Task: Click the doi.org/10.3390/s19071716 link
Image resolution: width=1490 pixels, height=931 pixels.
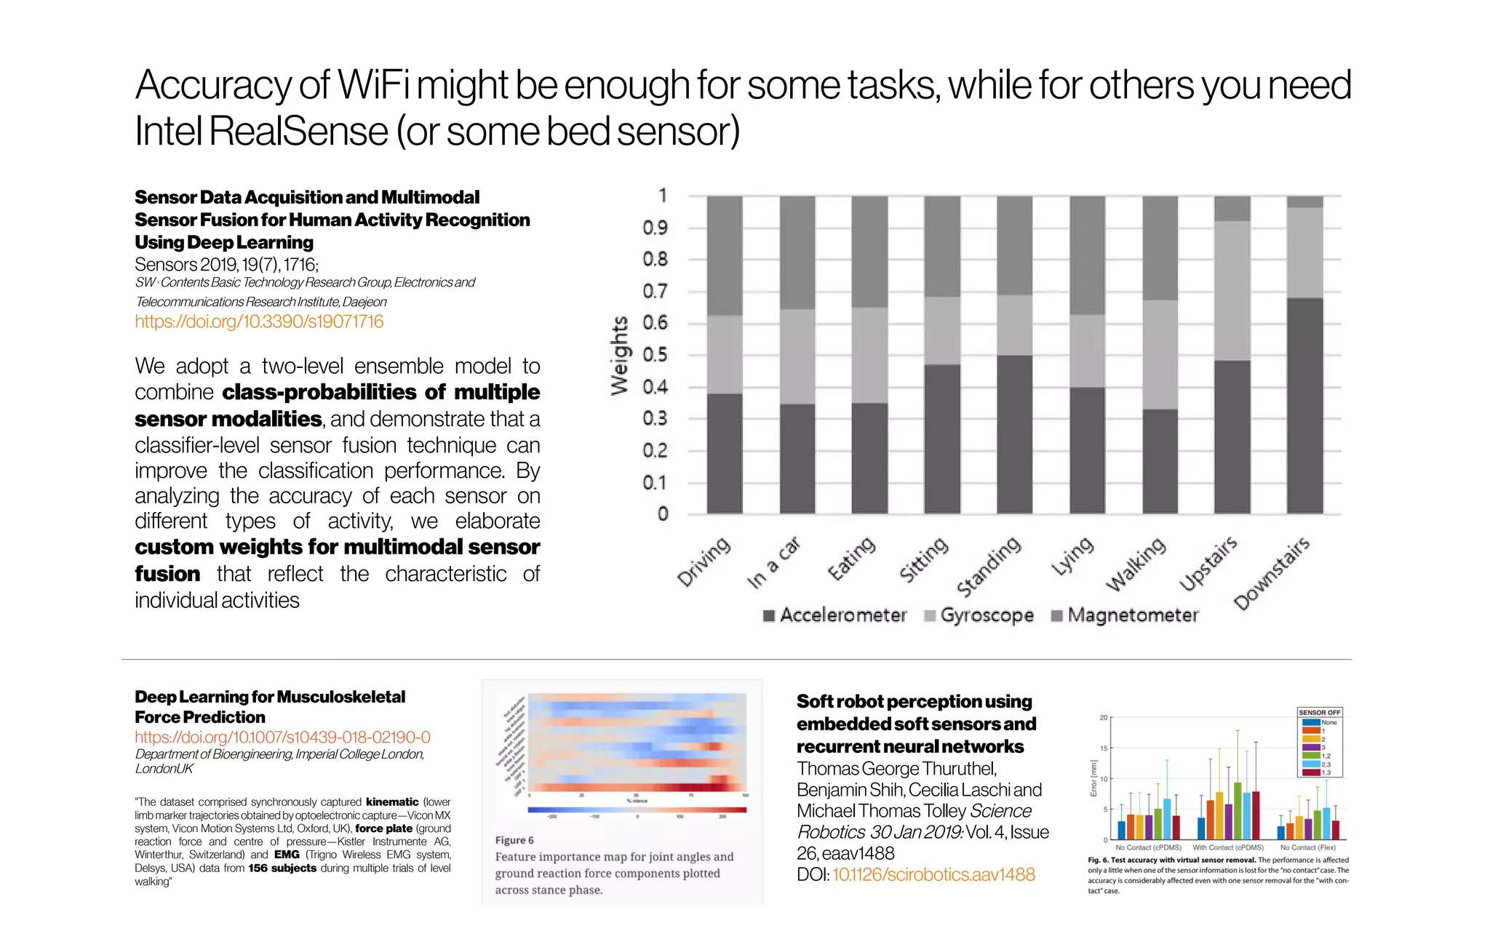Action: pos(259,321)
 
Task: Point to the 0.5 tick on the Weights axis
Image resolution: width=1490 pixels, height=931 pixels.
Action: pos(655,355)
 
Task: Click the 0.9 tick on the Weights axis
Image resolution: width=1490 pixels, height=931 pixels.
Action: pos(655,228)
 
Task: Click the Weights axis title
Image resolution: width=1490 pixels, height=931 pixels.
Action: pos(619,356)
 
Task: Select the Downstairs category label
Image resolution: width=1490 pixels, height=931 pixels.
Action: pos(1272,573)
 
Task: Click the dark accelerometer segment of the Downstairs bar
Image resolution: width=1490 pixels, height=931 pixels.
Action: pos(1304,405)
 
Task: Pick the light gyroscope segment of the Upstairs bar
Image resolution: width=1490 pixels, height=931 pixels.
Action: pos(1232,291)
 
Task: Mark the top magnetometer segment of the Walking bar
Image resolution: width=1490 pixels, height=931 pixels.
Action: pos(1160,247)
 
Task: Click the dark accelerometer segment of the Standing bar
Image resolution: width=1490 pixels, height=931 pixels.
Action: pos(1014,434)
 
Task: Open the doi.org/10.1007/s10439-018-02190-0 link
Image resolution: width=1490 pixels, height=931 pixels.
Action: pos(282,737)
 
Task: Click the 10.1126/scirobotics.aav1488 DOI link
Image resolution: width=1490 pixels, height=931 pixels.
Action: pos(933,874)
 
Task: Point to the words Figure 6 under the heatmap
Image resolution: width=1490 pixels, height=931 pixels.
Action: pos(514,840)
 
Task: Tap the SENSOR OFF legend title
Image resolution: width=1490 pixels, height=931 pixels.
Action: pos(1319,713)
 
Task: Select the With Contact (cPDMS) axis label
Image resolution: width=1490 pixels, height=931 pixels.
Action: pos(1228,847)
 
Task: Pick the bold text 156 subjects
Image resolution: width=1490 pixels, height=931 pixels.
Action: pos(282,868)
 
